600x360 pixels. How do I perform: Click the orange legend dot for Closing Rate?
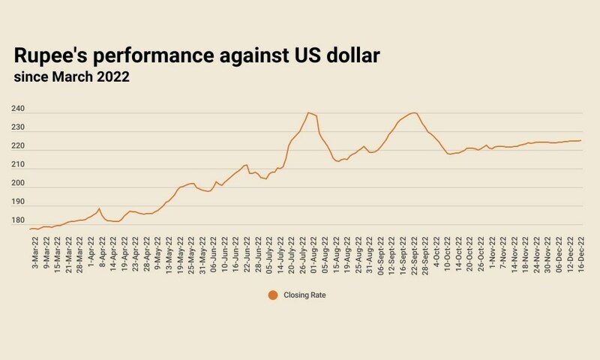click(273, 295)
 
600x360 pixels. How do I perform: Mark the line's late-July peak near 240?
click(308, 112)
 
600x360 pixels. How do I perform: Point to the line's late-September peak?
click(414, 112)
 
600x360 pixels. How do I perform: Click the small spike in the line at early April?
click(99, 208)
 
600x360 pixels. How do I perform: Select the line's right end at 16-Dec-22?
click(581, 140)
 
